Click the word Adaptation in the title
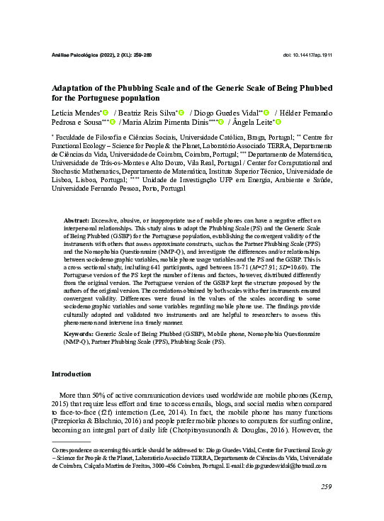77,86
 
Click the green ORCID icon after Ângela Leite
278,124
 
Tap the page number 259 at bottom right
326,486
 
